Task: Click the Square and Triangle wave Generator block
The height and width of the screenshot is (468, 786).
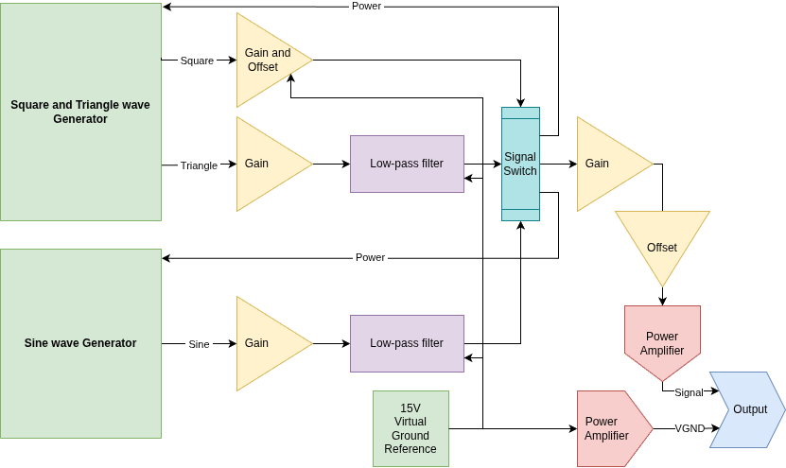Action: click(80, 112)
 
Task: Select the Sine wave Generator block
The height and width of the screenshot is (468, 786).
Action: click(80, 343)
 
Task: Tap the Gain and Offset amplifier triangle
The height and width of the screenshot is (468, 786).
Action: click(267, 60)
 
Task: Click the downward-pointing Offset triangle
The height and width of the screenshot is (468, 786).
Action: click(662, 244)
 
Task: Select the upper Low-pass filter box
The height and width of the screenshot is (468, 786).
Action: click(407, 164)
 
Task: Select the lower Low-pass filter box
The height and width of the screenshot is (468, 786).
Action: click(407, 343)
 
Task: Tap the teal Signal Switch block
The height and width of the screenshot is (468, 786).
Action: click(520, 164)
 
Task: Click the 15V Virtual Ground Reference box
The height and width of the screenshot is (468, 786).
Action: click(410, 428)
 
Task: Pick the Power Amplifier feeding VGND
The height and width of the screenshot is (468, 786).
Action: click(611, 428)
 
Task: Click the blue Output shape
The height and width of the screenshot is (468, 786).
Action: click(747, 409)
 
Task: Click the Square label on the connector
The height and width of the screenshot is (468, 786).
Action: click(198, 61)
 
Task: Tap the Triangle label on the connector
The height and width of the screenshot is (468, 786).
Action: click(199, 165)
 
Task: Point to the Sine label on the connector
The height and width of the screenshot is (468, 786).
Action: click(199, 344)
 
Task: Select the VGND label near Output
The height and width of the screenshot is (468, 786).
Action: click(690, 428)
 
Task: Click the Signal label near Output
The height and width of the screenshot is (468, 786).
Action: click(689, 392)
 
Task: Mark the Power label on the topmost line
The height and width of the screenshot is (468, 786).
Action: click(366, 6)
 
